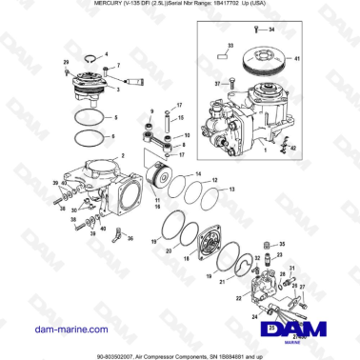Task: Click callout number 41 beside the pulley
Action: pyautogui.click(x=325, y=60)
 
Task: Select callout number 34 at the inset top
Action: pyautogui.click(x=270, y=30)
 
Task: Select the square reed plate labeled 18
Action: pyautogui.click(x=208, y=246)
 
